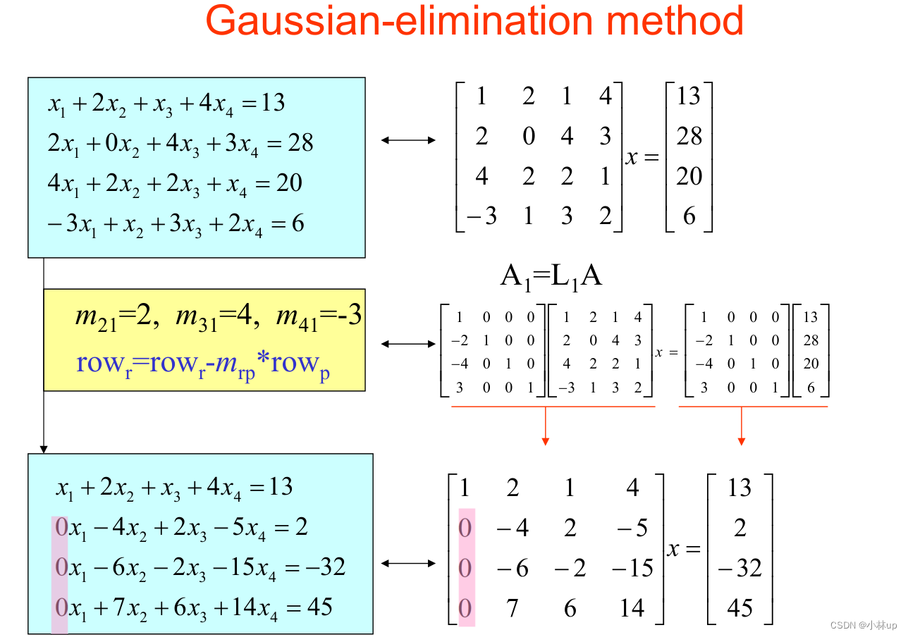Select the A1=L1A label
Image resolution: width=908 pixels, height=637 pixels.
(x=551, y=276)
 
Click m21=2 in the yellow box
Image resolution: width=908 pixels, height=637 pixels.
(x=114, y=316)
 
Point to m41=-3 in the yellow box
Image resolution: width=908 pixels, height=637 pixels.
(x=319, y=316)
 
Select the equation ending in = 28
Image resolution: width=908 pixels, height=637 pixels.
(x=180, y=144)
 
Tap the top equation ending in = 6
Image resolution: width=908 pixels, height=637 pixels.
(x=176, y=224)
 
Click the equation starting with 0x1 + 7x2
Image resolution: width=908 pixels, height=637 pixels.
(x=192, y=607)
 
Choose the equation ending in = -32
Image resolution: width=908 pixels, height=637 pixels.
(x=198, y=567)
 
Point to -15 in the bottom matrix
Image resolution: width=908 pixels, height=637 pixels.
(x=632, y=568)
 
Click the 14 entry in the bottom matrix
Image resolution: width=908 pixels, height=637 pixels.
(x=632, y=607)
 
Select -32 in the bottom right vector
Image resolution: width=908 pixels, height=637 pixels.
(x=740, y=568)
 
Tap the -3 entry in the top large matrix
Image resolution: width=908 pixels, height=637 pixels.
(x=481, y=216)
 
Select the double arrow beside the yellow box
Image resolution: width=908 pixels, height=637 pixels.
(x=409, y=344)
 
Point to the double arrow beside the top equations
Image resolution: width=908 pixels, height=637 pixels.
(x=409, y=140)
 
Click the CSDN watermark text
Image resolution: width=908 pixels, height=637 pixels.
(x=863, y=626)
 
